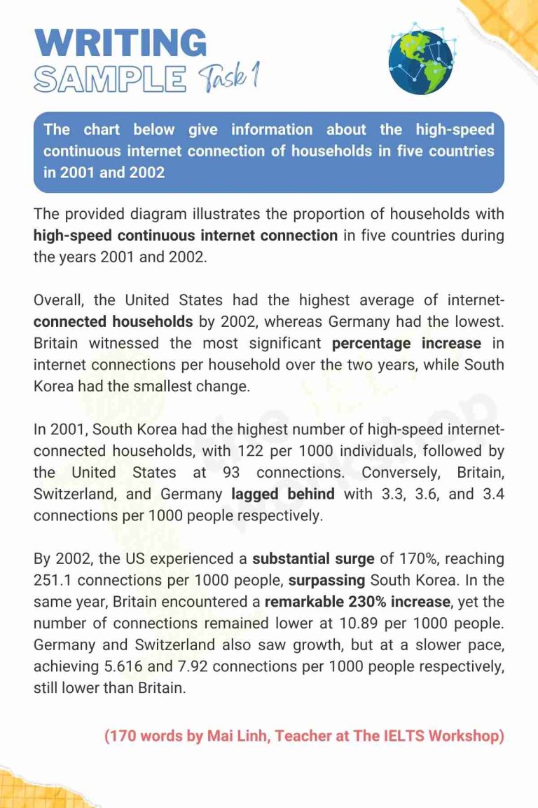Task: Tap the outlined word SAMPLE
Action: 110,79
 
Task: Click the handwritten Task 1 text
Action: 227,77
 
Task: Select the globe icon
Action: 420,60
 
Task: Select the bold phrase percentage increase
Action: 406,344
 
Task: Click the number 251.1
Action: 53,581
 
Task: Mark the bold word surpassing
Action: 326,581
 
